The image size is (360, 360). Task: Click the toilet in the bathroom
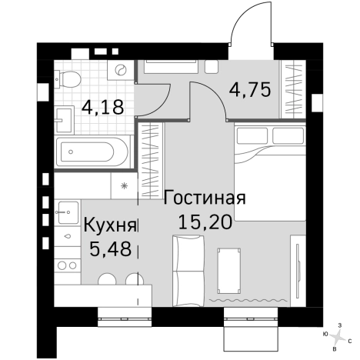[71, 78]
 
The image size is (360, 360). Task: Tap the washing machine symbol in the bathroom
[121, 72]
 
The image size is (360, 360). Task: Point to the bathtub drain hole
[72, 152]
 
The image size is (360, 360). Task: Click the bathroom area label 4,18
[103, 106]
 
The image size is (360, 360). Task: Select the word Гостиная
[205, 197]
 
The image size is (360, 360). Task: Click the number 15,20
[205, 223]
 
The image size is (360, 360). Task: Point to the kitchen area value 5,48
[109, 249]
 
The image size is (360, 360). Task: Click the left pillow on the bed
[251, 135]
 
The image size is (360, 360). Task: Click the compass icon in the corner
[336, 335]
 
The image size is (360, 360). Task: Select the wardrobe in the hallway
[294, 86]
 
